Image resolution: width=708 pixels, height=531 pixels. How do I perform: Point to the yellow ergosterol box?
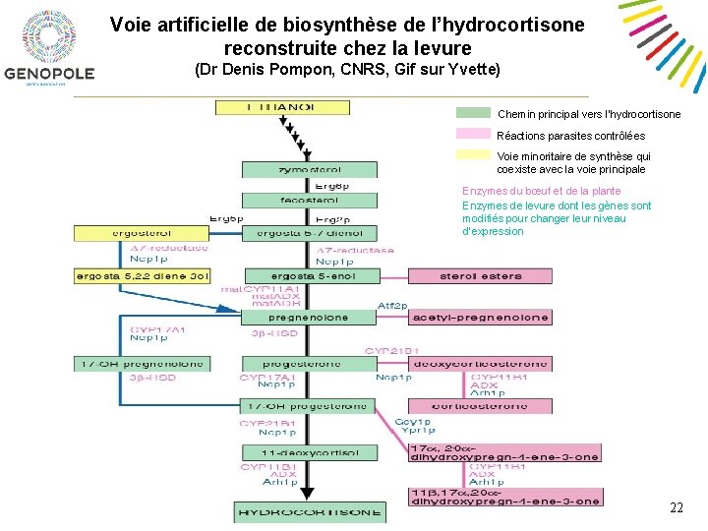click(143, 233)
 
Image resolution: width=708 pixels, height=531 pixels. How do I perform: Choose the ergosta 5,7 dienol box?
click(309, 233)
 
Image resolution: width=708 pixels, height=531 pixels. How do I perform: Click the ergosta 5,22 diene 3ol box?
click(143, 276)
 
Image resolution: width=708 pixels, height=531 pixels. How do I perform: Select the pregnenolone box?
click(309, 318)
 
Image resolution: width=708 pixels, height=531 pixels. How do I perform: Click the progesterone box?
click(309, 364)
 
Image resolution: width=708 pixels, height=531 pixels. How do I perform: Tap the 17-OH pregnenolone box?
click(143, 364)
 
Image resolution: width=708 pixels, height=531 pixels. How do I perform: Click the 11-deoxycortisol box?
click(309, 453)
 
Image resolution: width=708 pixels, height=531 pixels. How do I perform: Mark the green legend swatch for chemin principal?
click(473, 114)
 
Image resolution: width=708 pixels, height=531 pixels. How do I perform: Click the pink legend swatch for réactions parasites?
click(473, 134)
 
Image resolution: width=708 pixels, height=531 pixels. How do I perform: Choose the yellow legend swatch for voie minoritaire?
click(473, 154)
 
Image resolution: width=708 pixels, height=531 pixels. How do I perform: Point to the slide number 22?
click(677, 507)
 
